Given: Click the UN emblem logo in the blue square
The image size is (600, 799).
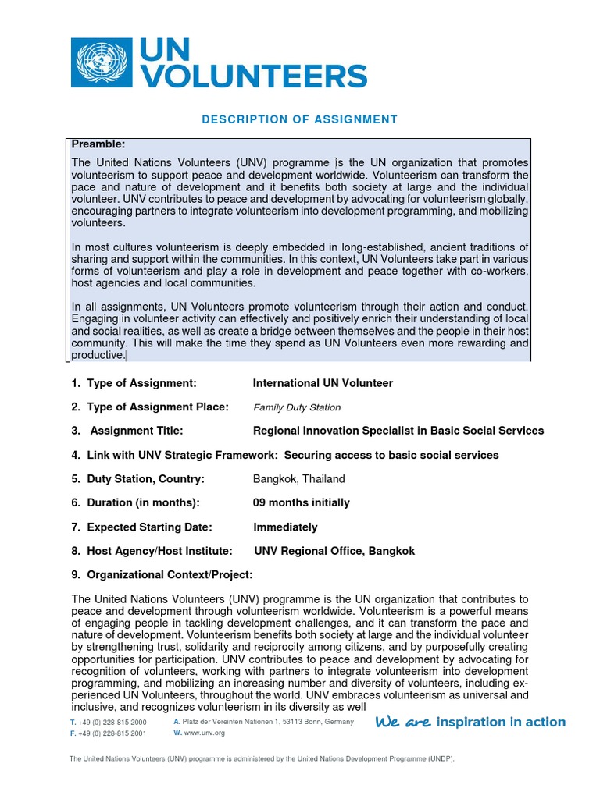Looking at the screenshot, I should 100,63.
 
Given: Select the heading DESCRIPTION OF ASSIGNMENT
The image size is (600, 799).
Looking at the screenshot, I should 300,119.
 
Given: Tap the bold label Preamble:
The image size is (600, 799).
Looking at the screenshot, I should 98,144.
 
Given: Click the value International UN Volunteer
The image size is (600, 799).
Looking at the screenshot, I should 323,383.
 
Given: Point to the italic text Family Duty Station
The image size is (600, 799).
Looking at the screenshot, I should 297,407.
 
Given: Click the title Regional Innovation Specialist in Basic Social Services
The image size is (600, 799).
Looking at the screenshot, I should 398,431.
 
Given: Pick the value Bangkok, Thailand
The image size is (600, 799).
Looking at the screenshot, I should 298,478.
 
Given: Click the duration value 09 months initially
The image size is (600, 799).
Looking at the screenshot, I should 301,502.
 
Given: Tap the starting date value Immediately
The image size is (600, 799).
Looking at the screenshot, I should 285,527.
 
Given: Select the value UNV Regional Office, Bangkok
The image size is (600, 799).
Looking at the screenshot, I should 334,551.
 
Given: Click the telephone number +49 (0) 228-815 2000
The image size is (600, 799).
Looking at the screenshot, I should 112,723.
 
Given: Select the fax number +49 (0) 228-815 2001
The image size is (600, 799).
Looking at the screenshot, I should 112,733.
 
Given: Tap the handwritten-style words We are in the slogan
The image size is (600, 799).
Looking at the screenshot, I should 403,723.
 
